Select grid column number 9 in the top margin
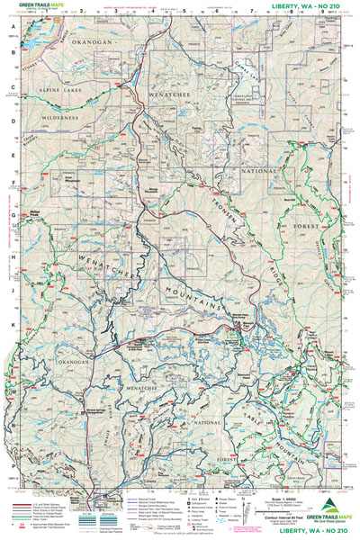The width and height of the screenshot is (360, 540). [x=321, y=15]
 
